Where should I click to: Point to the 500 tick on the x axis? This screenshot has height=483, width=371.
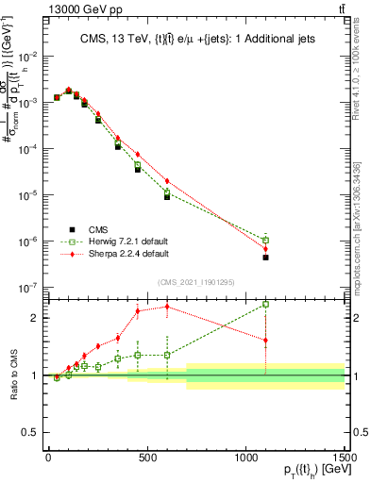pyautogui.click(x=147, y=459)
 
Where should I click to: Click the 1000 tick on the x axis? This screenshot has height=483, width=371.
pyautogui.click(x=246, y=459)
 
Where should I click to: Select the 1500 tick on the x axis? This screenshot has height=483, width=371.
pyautogui.click(x=345, y=459)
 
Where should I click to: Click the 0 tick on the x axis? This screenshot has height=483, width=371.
pyautogui.click(x=48, y=459)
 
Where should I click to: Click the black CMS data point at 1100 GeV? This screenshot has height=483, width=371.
pyautogui.click(x=266, y=258)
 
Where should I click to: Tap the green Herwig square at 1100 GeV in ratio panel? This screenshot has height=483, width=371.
pyautogui.click(x=266, y=304)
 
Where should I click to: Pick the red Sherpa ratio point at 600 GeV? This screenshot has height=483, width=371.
pyautogui.click(x=167, y=307)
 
